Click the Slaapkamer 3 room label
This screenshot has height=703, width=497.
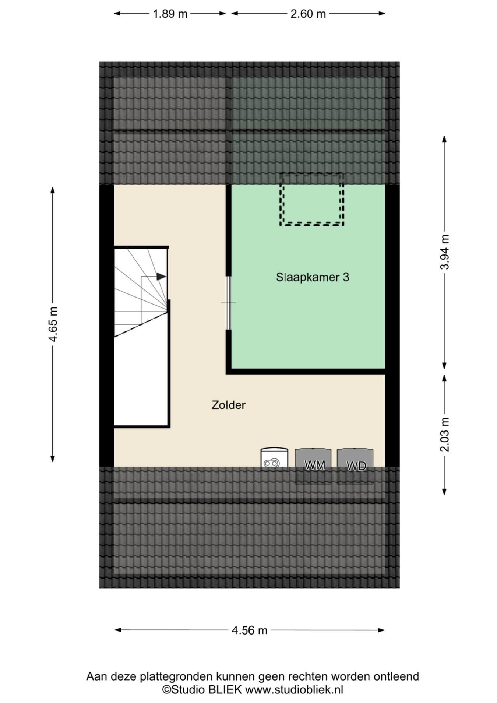pyautogui.click(x=313, y=277)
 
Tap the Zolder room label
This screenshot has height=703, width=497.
pyautogui.click(x=229, y=405)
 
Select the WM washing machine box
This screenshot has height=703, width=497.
pyautogui.click(x=313, y=465)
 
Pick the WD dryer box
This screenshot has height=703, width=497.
pyautogui.click(x=355, y=466)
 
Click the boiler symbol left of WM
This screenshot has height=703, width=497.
pyautogui.click(x=274, y=459)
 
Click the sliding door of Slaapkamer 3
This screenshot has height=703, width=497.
pyautogui.click(x=229, y=303)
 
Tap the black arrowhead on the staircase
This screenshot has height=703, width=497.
pyautogui.click(x=161, y=276)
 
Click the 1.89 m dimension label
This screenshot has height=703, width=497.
pyautogui.click(x=170, y=14)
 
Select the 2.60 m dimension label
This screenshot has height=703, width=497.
pyautogui.click(x=308, y=14)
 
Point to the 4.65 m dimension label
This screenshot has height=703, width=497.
pyautogui.click(x=53, y=324)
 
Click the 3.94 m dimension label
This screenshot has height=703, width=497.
pyautogui.click(x=445, y=252)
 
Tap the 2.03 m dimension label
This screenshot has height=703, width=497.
pyautogui.click(x=445, y=435)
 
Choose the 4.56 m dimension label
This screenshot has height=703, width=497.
pyautogui.click(x=249, y=630)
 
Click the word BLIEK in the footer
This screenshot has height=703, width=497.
pyautogui.click(x=225, y=690)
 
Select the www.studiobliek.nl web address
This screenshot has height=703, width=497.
pyautogui.click(x=294, y=690)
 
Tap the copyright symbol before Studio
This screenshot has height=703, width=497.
pyautogui.click(x=166, y=690)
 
